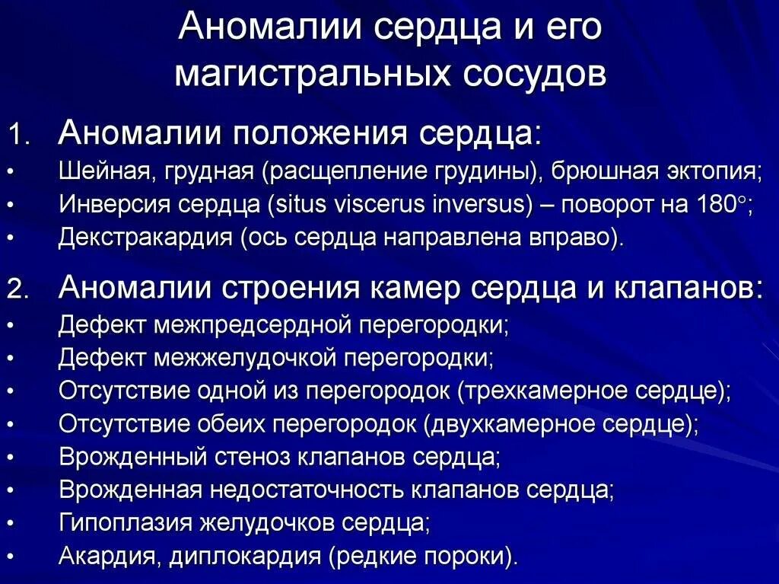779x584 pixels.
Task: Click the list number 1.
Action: point(18,136)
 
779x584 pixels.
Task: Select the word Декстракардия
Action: point(145,238)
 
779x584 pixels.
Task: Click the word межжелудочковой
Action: point(251,358)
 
